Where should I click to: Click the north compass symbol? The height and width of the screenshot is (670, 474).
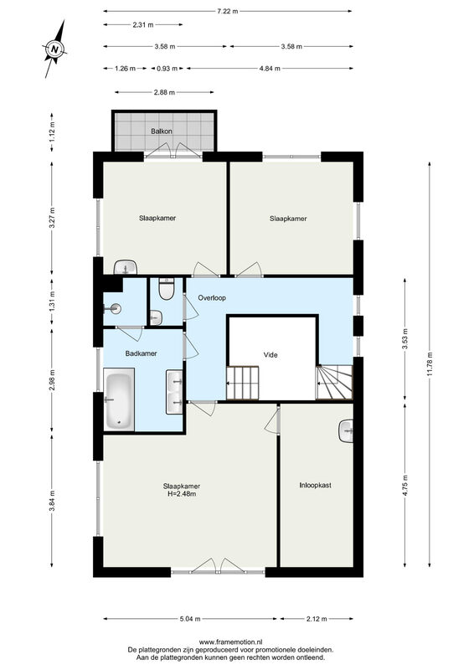[x=54, y=49]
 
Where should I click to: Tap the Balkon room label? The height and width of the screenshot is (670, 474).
[x=162, y=131]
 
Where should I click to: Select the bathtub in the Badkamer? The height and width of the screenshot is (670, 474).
[x=119, y=402]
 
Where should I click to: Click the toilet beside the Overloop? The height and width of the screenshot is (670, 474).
[x=166, y=288]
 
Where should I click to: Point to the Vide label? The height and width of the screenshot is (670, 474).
[x=270, y=354]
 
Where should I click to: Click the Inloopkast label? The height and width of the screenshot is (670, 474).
[x=316, y=485]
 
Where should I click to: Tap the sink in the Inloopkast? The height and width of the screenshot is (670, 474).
[x=346, y=431]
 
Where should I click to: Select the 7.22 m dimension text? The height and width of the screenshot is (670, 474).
[x=228, y=12]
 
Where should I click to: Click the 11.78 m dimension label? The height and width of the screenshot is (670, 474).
[x=430, y=363]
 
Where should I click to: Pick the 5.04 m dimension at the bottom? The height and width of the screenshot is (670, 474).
[x=190, y=618]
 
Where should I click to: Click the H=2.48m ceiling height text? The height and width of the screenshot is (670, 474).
[x=182, y=494]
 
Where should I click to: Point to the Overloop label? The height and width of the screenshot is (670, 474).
[x=212, y=298]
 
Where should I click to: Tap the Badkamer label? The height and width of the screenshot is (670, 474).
[x=141, y=353]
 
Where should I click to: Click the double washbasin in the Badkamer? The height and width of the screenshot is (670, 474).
[x=174, y=392]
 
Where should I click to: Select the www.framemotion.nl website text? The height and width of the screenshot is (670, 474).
[x=231, y=642]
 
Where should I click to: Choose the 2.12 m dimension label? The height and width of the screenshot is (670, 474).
[x=317, y=618]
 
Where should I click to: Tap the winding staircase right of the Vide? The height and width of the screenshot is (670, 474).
[x=334, y=382]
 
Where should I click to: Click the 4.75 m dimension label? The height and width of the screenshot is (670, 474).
[x=405, y=485]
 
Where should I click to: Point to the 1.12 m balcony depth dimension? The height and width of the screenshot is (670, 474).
[x=52, y=132]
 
